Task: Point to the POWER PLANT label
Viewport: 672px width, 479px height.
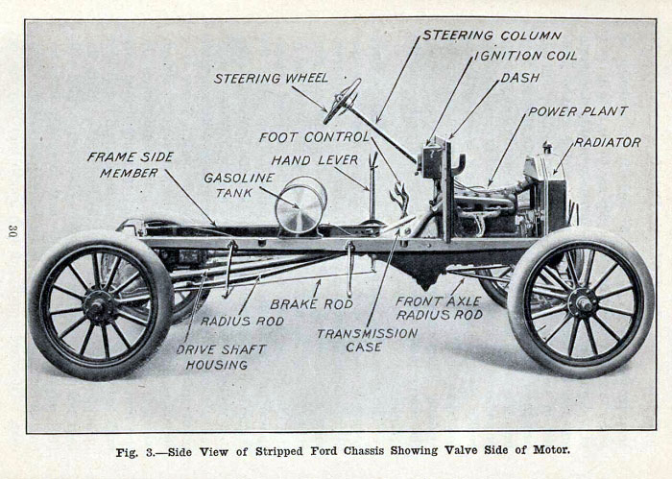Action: pyautogui.click(x=577, y=111)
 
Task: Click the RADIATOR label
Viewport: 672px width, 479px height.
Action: pyautogui.click(x=608, y=142)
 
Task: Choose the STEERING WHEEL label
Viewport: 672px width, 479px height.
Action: pyautogui.click(x=271, y=78)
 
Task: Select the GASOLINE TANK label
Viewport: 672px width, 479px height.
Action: pyautogui.click(x=238, y=185)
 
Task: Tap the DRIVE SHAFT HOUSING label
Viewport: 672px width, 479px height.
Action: pyautogui.click(x=213, y=357)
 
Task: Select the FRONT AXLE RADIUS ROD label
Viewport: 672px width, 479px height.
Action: pyautogui.click(x=439, y=307)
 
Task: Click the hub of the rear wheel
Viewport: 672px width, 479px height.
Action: pyautogui.click(x=99, y=307)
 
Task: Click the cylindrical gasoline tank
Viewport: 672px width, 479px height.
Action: pyautogui.click(x=300, y=204)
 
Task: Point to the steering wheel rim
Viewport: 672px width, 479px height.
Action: pyautogui.click(x=342, y=101)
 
